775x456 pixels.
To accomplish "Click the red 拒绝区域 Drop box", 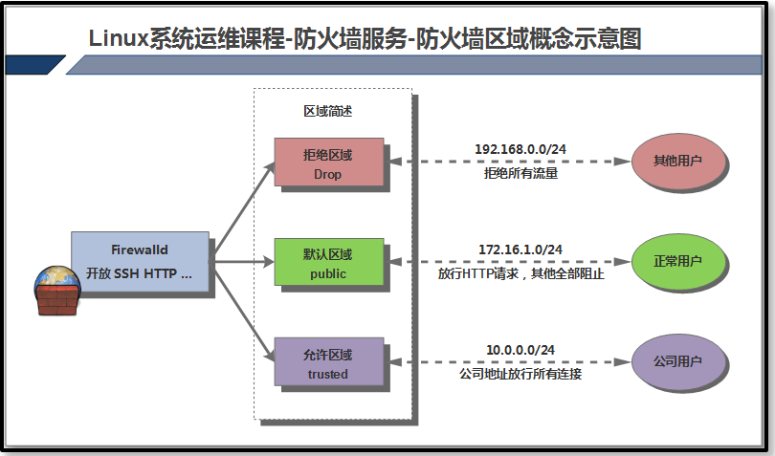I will (x=328, y=163).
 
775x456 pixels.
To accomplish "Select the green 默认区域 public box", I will (x=328, y=263).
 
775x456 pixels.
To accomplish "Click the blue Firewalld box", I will (x=140, y=260).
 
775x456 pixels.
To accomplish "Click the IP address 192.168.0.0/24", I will (x=520, y=149).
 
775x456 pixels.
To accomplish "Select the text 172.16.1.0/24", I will (x=520, y=250).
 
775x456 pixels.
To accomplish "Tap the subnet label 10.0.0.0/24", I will (x=520, y=351).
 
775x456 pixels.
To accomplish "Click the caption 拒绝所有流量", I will (x=520, y=174).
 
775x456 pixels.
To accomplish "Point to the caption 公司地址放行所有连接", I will (x=520, y=374).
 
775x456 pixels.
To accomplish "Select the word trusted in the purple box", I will (x=328, y=374).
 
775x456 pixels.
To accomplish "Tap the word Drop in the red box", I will (x=328, y=175).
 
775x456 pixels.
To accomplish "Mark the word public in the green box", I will (x=328, y=274).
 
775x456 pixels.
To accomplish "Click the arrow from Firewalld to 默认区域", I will (x=239, y=260).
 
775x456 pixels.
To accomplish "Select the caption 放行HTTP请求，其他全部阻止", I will (x=520, y=274).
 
